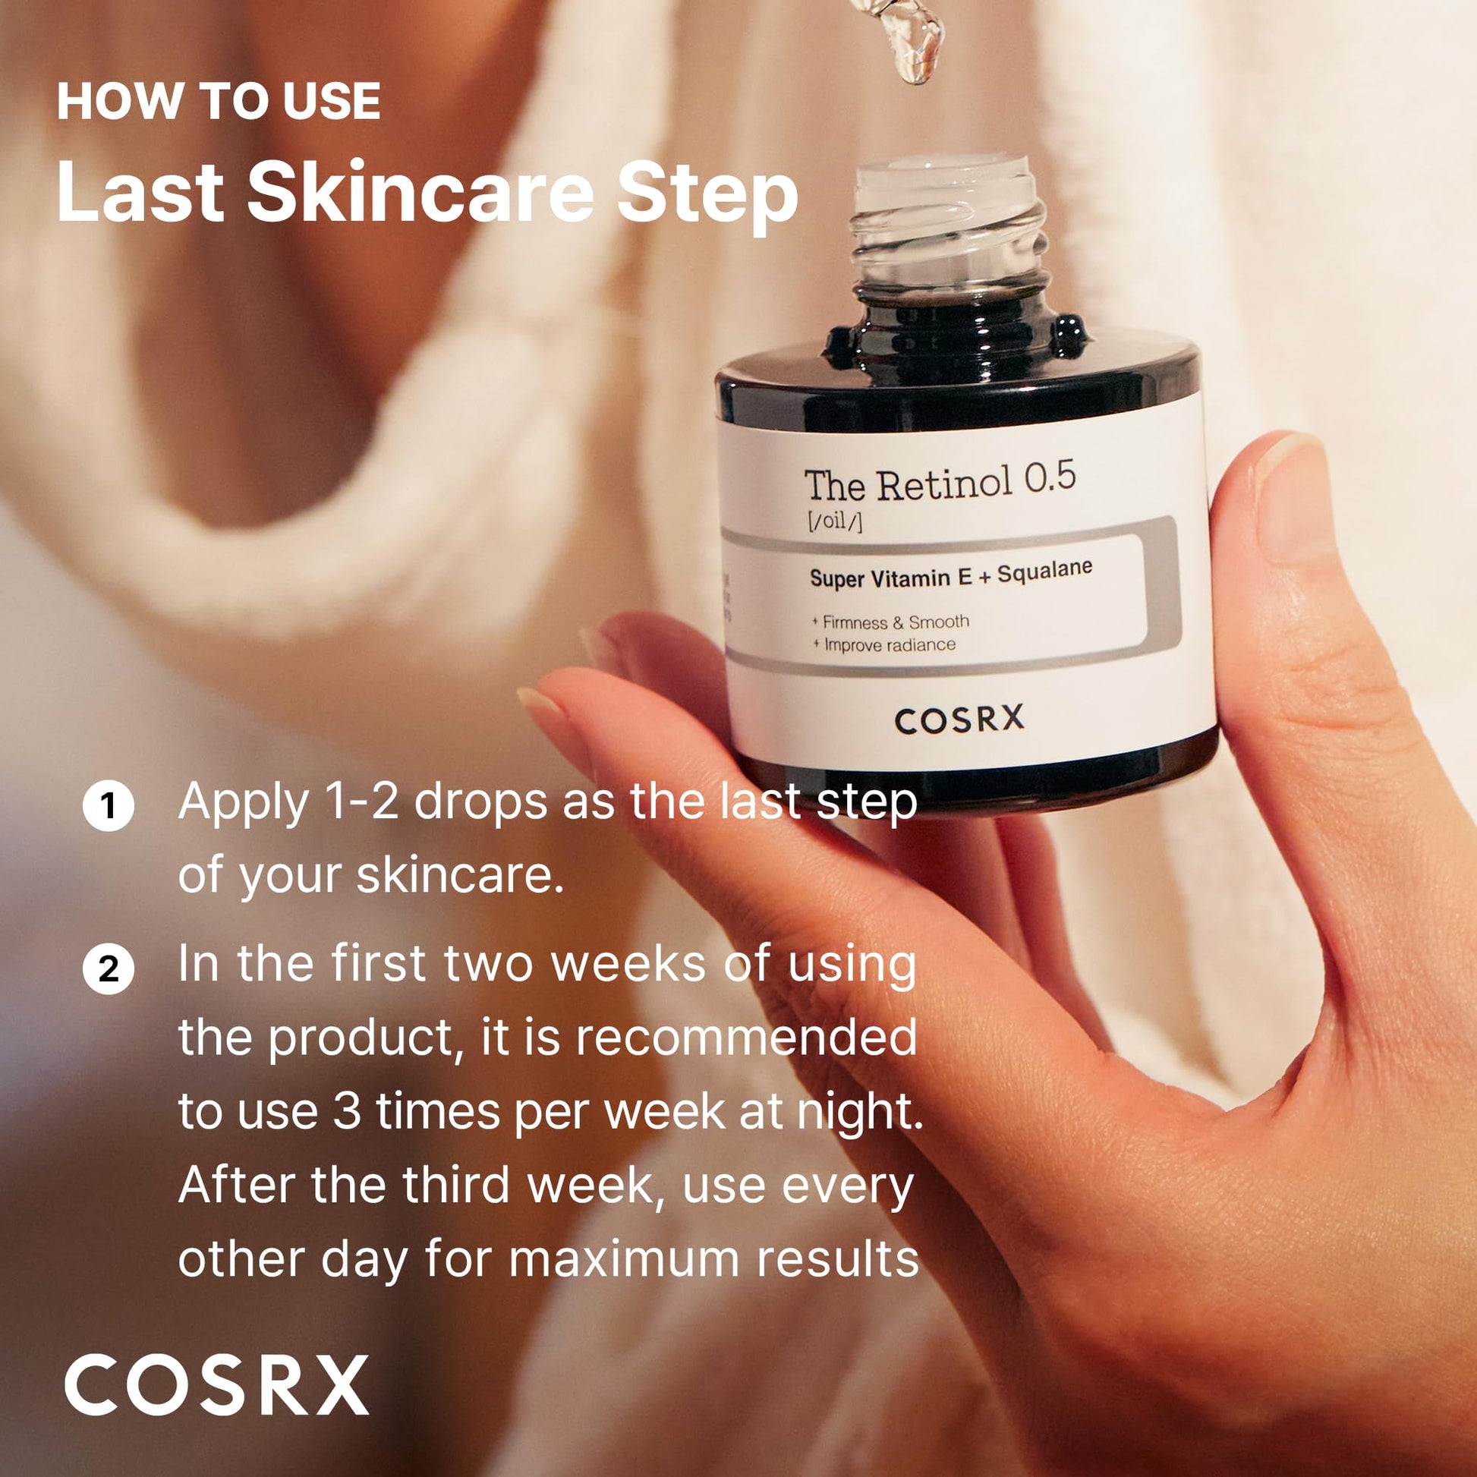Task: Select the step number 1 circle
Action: [x=109, y=807]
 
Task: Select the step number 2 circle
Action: [x=109, y=969]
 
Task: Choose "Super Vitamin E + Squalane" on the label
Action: [x=950, y=573]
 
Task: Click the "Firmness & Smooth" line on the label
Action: [x=894, y=622]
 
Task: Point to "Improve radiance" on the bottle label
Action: [x=888, y=644]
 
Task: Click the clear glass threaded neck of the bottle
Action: [x=947, y=229]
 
